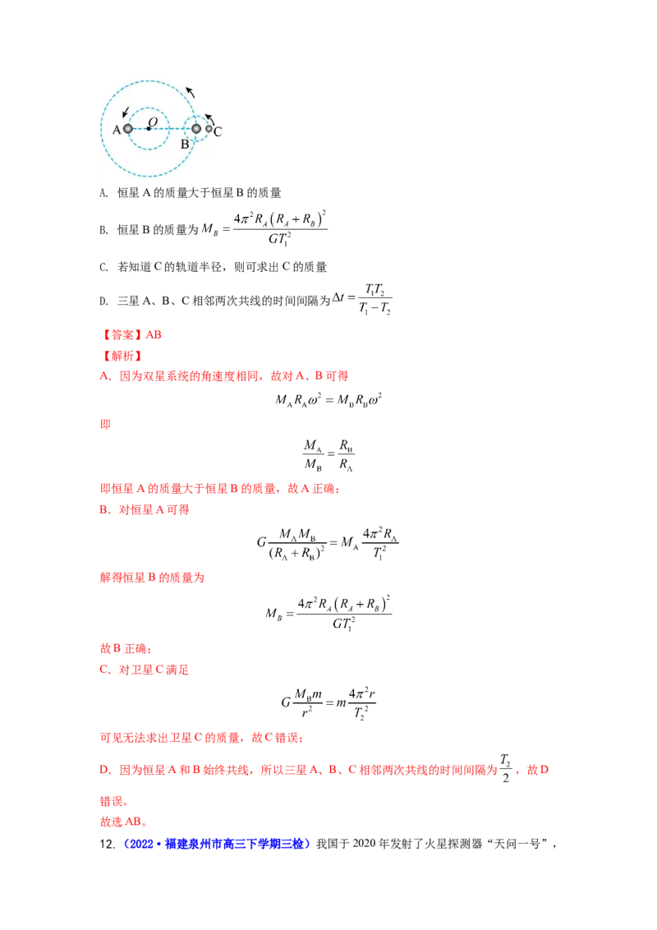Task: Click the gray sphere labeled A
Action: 128,129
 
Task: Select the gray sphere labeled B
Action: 196,129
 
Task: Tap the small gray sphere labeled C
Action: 209,129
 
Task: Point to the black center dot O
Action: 149,129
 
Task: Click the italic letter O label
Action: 153,121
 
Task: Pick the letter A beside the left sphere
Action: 117,131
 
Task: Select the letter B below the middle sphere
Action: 186,144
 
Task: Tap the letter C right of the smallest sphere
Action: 218,131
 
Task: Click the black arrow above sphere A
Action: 125,112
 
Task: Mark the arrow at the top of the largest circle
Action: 191,92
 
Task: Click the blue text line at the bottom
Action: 218,844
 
